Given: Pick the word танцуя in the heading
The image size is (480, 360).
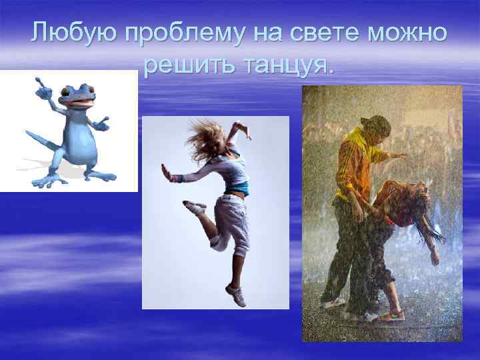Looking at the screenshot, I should [x=286, y=66].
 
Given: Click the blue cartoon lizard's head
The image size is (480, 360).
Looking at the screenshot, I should [x=74, y=96].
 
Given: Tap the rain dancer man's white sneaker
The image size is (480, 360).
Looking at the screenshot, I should [x=333, y=303].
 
